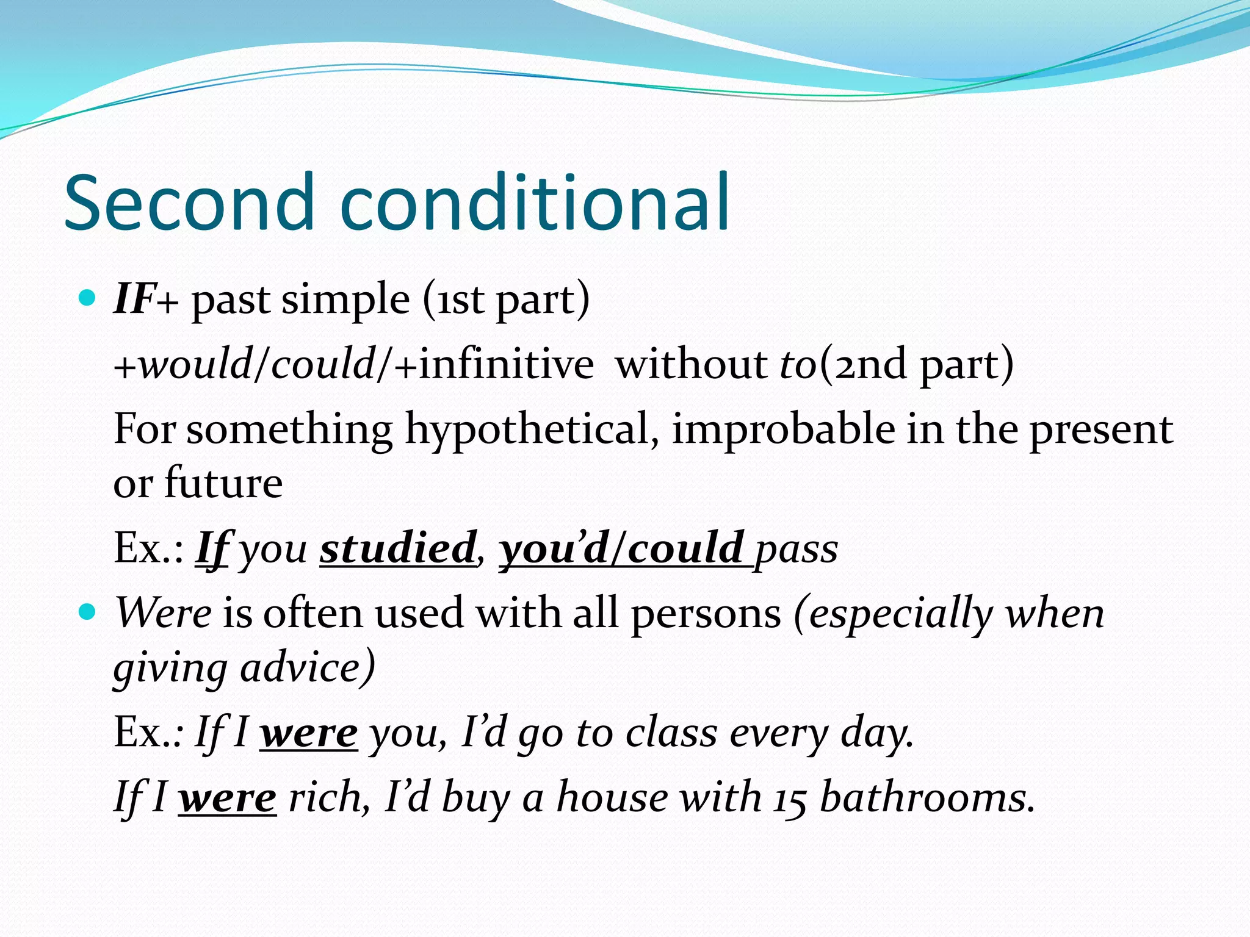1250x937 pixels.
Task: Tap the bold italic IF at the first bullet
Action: tap(134, 299)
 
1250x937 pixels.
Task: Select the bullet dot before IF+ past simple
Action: tap(88, 298)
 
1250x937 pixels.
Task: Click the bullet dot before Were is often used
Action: tap(88, 611)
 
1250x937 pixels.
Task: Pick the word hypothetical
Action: tap(531, 429)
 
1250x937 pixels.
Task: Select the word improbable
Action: tap(782, 429)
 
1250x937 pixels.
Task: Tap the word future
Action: tap(223, 483)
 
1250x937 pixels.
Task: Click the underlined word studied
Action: tap(397, 548)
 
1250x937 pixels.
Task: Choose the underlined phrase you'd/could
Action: tap(623, 548)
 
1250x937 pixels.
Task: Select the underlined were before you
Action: tap(309, 733)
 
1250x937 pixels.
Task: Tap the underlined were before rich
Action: tap(228, 797)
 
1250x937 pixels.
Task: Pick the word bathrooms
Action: tap(927, 797)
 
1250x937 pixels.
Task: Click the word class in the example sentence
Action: tap(671, 733)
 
